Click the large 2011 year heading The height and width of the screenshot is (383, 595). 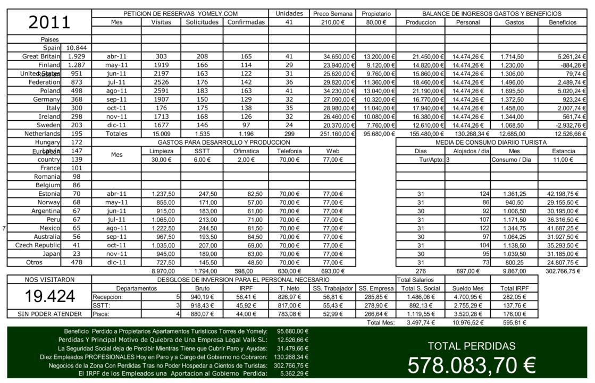(49, 22)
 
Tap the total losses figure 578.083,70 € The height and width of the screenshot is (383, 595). (471, 365)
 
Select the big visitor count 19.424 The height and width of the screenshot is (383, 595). (49, 296)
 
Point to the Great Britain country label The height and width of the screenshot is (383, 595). (41, 56)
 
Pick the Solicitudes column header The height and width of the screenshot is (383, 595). (202, 22)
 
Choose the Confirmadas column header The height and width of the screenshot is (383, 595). (246, 22)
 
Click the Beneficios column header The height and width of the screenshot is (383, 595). (563, 22)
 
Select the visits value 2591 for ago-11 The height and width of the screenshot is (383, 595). (161, 91)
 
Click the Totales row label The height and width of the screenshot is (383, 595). (116, 134)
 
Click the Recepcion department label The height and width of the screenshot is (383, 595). (108, 297)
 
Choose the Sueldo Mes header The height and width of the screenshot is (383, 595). (467, 288)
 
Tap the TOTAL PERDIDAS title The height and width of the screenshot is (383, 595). (471, 346)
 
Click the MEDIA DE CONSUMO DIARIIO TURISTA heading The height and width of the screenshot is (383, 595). (491, 143)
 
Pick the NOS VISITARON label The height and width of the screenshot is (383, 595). (49, 279)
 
